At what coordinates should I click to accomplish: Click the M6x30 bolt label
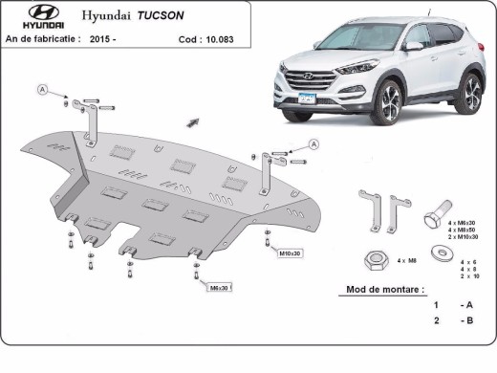click(218, 287)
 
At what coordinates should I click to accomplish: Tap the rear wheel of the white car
click(469, 93)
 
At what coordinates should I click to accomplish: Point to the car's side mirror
click(413, 45)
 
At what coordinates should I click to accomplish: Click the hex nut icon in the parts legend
click(375, 259)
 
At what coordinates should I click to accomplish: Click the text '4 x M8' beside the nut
click(407, 260)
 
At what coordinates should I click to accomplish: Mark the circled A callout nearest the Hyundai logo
click(42, 89)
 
